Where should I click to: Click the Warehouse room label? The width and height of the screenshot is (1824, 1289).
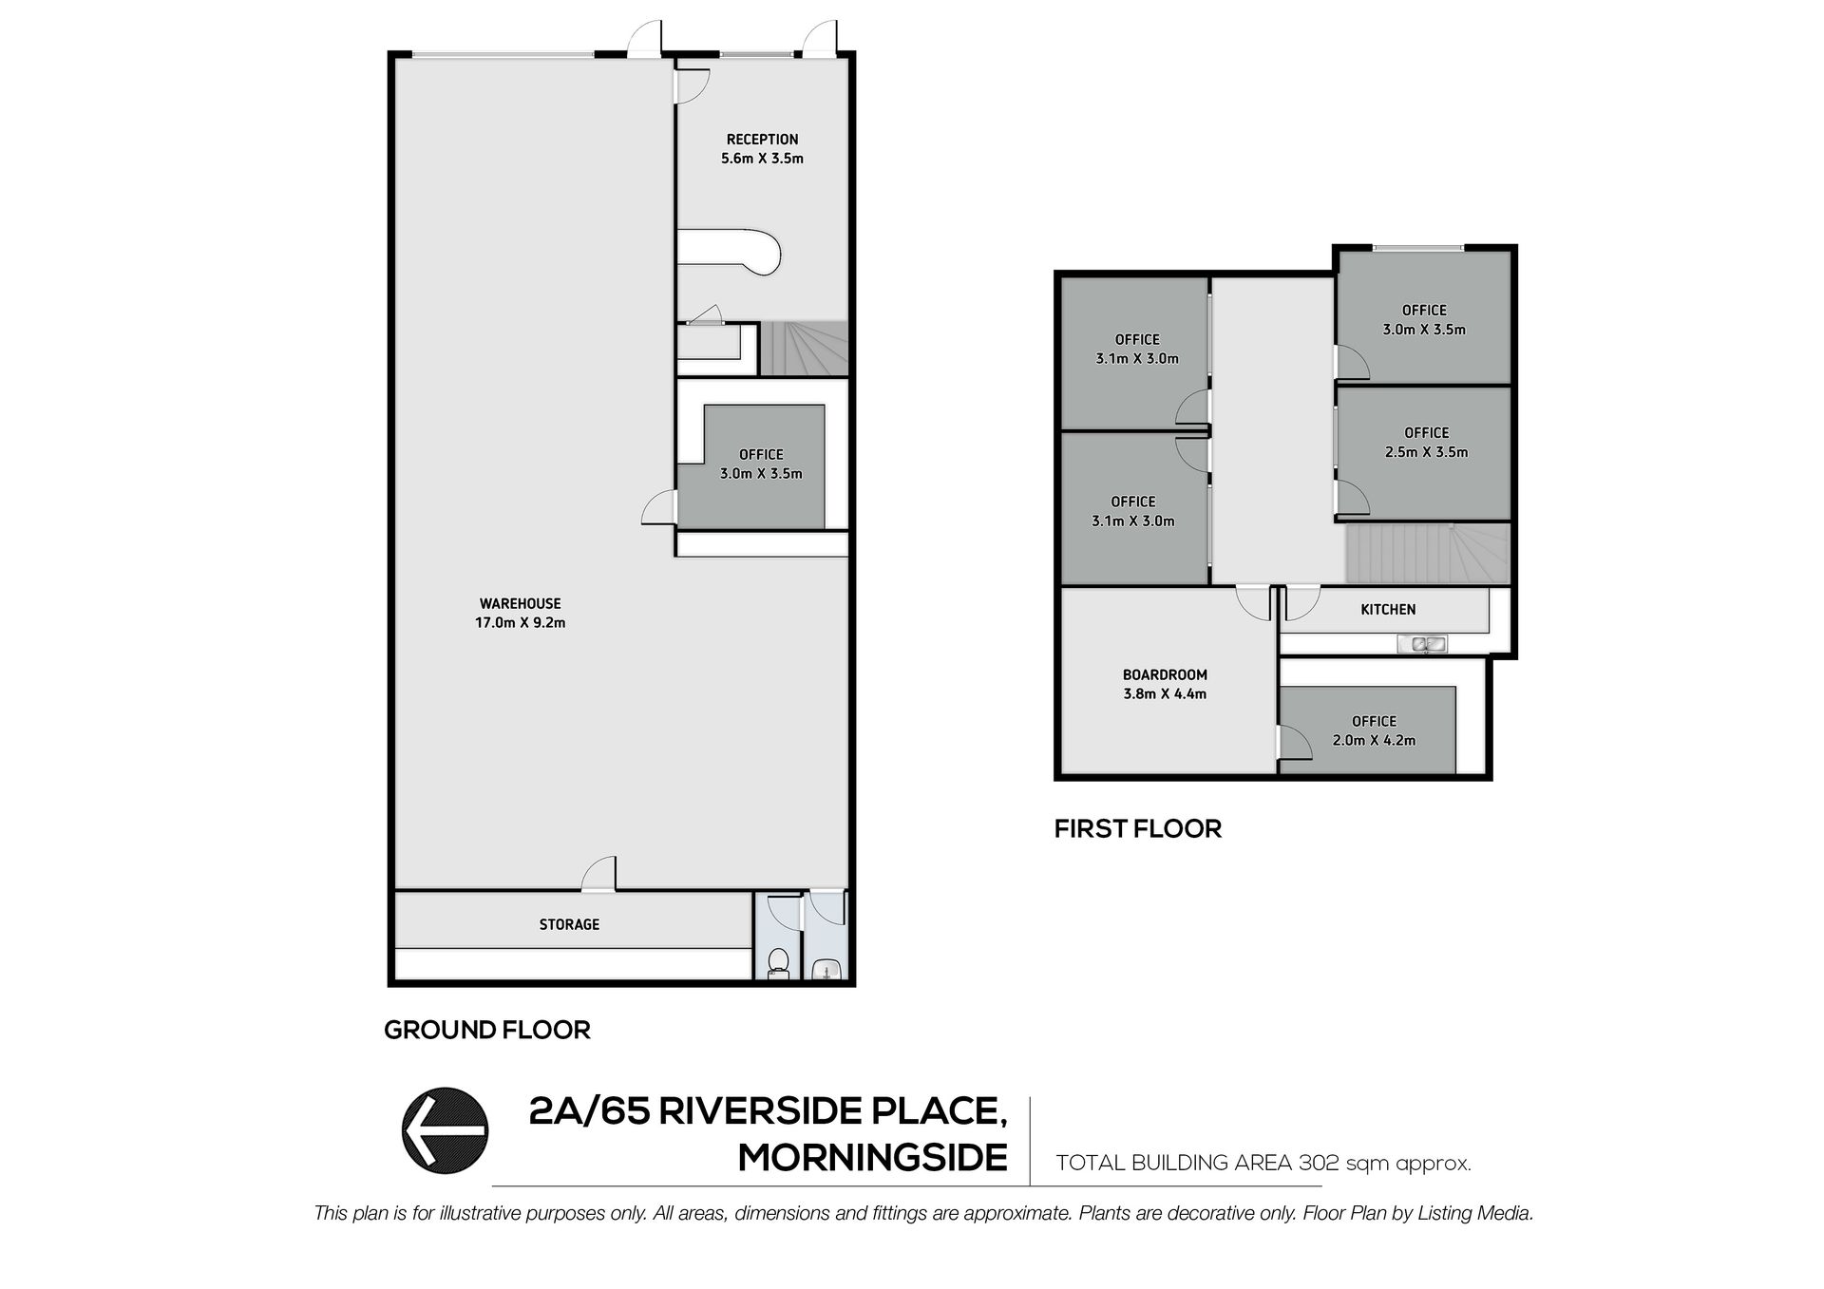pos(520,603)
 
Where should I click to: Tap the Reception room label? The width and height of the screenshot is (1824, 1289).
pos(762,139)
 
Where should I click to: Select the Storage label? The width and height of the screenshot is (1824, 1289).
pos(569,924)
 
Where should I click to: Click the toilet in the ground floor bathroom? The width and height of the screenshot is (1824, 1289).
pos(778,962)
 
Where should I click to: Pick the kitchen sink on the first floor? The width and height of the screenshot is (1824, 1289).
pos(1421,644)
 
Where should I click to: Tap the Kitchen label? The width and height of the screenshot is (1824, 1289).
pos(1388,610)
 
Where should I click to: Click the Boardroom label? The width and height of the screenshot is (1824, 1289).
pos(1165,674)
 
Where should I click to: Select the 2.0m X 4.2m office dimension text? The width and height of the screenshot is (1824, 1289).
pos(1374,740)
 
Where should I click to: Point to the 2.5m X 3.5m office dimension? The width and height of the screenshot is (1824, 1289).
pos(1426,452)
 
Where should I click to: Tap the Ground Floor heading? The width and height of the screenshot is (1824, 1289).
pos(487,1030)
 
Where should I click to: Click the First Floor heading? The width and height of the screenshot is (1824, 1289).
pos(1138,828)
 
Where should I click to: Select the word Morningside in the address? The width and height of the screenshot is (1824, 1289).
pos(873,1158)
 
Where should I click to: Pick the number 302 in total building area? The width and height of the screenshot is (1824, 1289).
pos(1315,1163)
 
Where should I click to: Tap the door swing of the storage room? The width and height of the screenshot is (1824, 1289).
pos(599,873)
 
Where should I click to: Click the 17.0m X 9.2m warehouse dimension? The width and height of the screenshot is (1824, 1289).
pos(520,623)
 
